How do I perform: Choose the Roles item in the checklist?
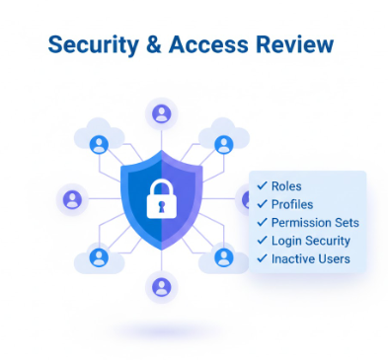tap(286, 185)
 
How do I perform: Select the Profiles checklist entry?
tap(292, 204)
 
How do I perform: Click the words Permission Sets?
tap(315, 222)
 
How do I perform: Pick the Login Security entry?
tap(310, 241)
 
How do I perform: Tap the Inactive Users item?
tap(310, 258)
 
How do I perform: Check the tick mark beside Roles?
tap(262, 185)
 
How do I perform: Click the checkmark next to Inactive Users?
tap(262, 258)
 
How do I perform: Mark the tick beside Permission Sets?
tap(262, 222)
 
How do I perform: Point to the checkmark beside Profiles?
tap(262, 204)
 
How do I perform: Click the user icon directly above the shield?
tap(161, 112)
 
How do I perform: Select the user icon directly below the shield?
tap(161, 286)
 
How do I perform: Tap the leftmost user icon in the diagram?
tap(71, 199)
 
